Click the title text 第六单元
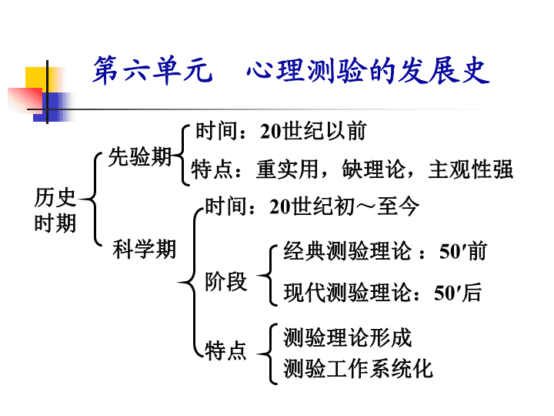152,70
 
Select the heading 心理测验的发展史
368,71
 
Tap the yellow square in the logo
36,78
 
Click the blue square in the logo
53,107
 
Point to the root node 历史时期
55,210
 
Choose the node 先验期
140,156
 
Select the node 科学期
144,249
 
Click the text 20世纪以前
313,131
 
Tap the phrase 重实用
287,169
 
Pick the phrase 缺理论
373,169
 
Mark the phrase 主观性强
471,169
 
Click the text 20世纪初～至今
344,206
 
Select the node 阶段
225,282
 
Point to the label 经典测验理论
348,251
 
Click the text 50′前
463,251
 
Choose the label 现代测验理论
348,293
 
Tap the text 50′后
458,293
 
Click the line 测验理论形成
348,337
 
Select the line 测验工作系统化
359,368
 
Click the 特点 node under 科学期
225,351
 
